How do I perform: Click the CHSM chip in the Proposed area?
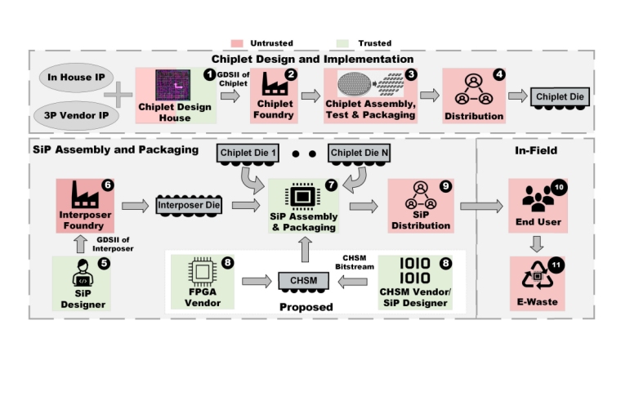tap(304, 281)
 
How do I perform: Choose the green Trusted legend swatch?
tap(343, 42)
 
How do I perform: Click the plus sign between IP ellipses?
tap(119, 96)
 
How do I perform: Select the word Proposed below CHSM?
tap(305, 307)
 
